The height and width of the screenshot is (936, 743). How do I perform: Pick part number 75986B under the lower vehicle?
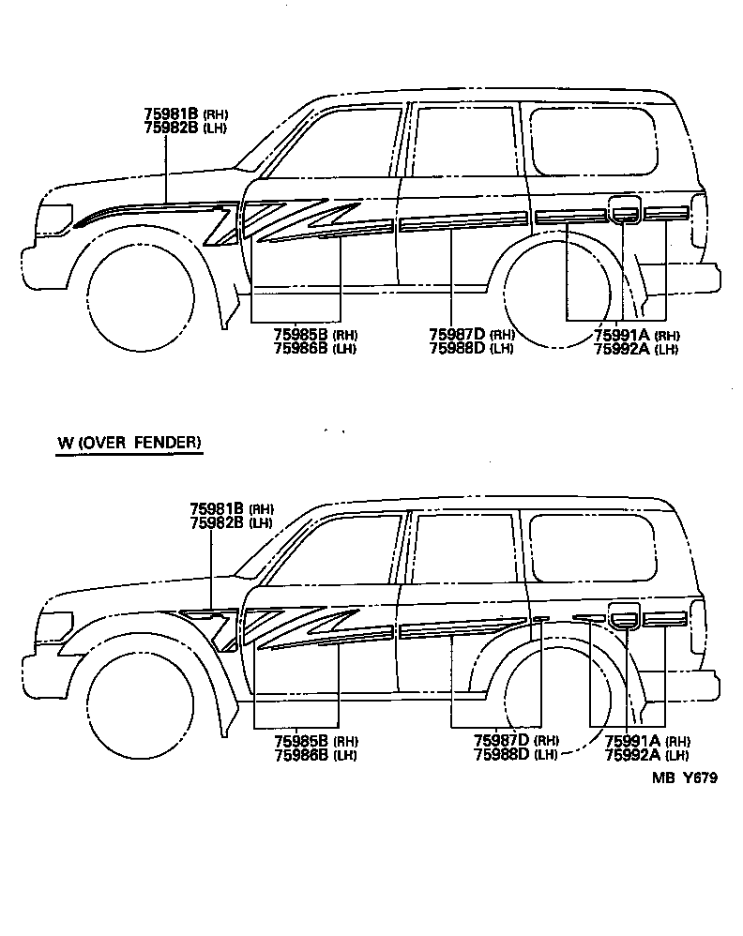(x=301, y=755)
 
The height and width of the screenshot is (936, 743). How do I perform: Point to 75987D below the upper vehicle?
(x=457, y=335)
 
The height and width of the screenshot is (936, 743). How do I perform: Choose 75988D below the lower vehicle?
(x=502, y=755)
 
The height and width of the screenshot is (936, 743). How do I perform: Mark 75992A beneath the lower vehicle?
(x=633, y=755)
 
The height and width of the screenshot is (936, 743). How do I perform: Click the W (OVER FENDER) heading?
(x=129, y=443)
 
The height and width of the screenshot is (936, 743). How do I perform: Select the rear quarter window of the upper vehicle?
(x=593, y=141)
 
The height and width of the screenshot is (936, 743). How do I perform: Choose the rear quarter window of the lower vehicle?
(x=593, y=546)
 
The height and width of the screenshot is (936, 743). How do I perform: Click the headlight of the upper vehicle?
(x=55, y=218)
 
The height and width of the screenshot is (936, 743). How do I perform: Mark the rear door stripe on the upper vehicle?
(x=462, y=223)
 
